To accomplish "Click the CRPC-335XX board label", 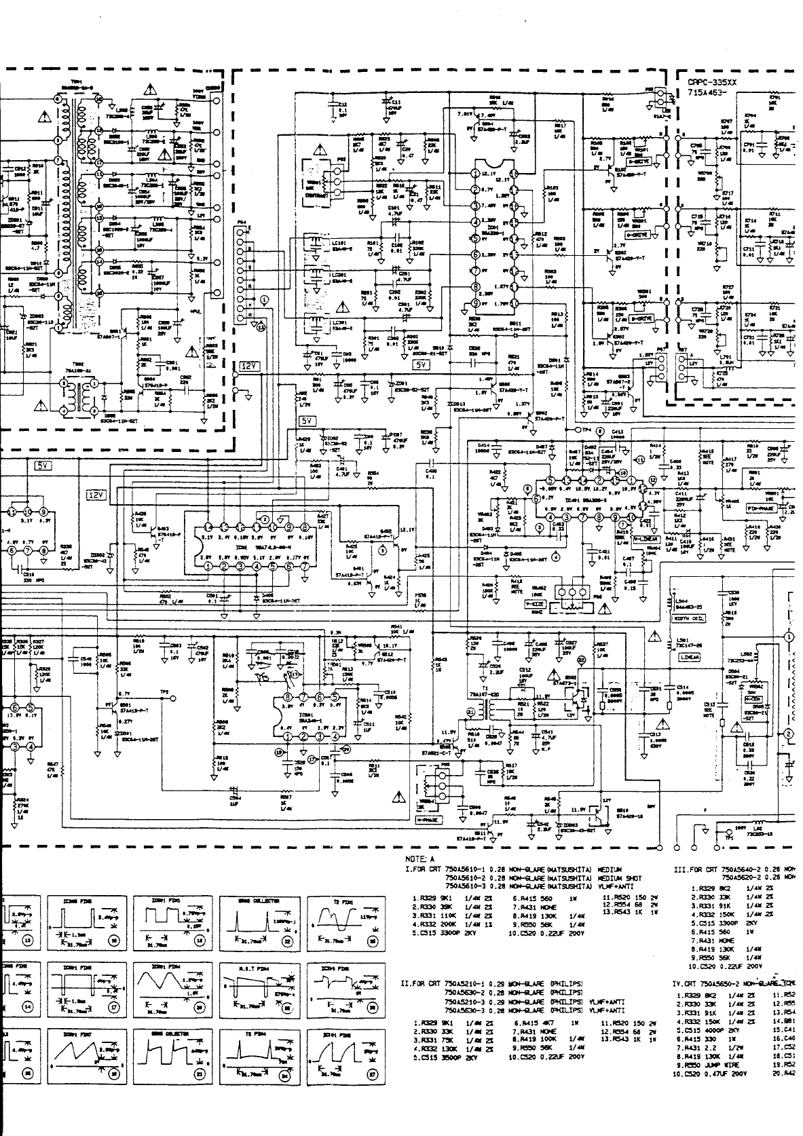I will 711,82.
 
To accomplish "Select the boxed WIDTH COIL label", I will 687,618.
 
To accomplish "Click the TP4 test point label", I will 585,430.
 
